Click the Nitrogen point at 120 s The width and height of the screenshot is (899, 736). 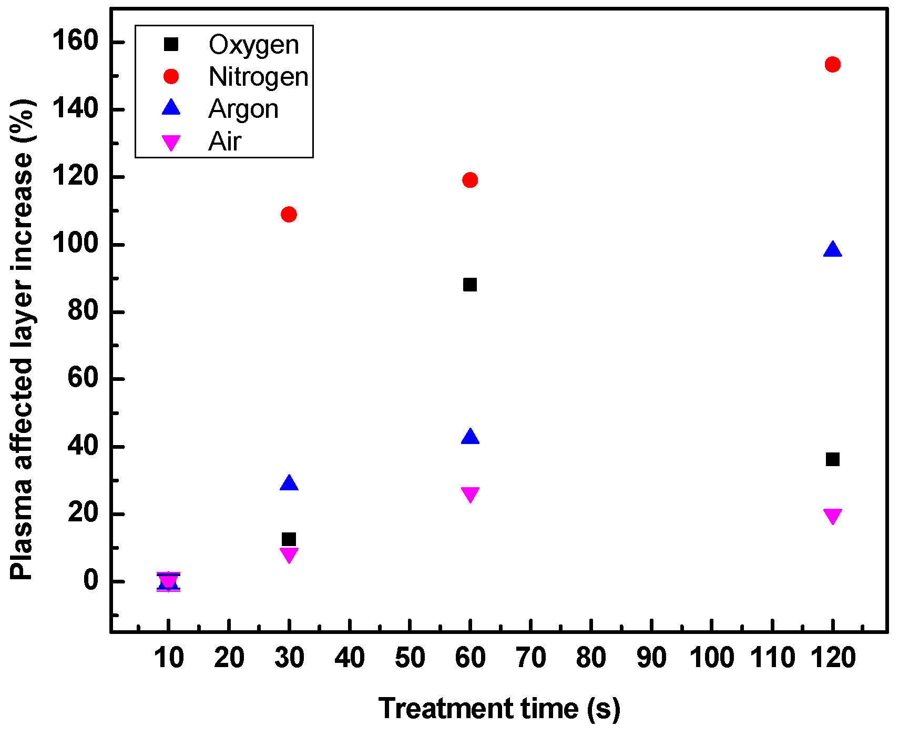tap(832, 65)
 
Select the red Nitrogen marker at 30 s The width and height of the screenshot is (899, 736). tap(289, 214)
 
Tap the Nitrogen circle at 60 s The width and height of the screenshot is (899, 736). tap(469, 180)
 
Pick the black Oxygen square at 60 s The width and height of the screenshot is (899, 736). tap(469, 285)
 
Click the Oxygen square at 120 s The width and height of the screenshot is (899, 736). tap(832, 459)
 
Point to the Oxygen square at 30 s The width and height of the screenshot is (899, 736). tap(289, 539)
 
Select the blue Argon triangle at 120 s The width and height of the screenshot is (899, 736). tap(832, 250)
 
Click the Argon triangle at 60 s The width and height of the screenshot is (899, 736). tap(469, 437)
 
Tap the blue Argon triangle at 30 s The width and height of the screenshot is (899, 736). tap(289, 483)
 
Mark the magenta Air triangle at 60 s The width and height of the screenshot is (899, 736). tap(469, 493)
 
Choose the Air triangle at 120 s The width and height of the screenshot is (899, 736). tap(832, 515)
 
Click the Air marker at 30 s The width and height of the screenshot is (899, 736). tap(289, 554)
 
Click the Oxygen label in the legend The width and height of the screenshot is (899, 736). tap(254, 45)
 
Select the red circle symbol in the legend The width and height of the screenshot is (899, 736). tap(171, 77)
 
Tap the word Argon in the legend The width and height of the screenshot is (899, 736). tap(243, 109)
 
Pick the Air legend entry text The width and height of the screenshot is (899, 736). tap(224, 142)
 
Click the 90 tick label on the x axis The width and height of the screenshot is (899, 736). tap(651, 658)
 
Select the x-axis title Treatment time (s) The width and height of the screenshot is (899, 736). tap(499, 708)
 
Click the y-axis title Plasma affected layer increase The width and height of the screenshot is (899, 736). tap(22, 339)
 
